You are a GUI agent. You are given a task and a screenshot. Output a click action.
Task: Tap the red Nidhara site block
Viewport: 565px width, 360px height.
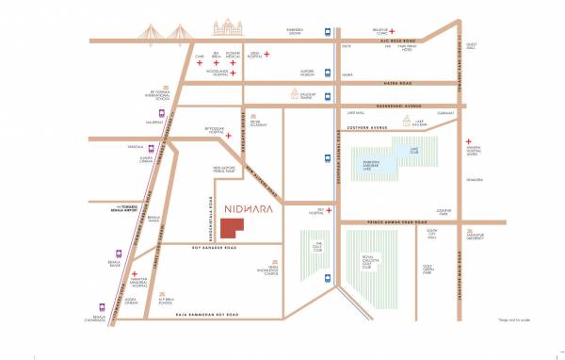(232, 229)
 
